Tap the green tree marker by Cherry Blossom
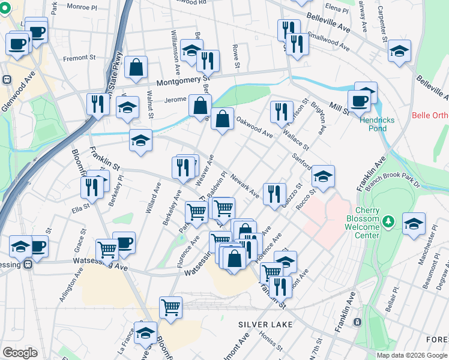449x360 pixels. tap(389, 222)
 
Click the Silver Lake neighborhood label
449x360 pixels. tap(265, 325)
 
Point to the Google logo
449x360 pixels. tap(20, 353)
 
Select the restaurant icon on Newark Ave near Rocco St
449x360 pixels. tap(274, 193)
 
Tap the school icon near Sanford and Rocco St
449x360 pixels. tap(323, 176)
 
